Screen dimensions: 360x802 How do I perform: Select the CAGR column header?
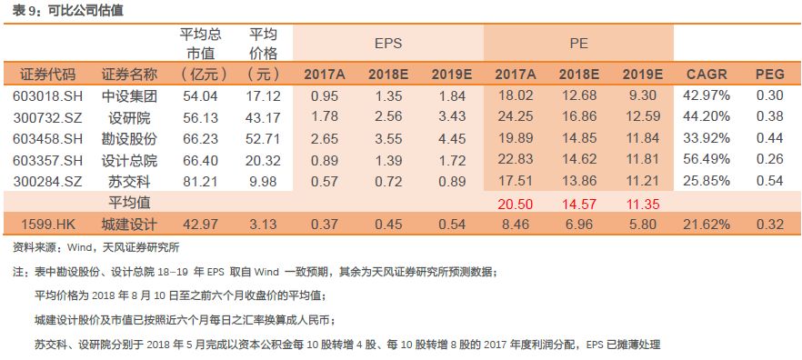pos(706,74)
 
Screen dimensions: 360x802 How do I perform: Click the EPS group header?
pos(388,43)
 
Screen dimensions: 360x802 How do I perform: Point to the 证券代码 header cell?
pos(45,74)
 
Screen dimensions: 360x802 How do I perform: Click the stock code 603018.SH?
pos(45,95)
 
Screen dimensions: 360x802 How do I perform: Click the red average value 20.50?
pos(515,203)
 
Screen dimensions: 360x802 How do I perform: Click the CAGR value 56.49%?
pos(706,160)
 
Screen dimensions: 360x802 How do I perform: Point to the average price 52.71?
pos(263,138)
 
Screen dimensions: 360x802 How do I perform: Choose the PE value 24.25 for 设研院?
pos(515,116)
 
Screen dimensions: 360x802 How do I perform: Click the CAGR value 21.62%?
pos(706,224)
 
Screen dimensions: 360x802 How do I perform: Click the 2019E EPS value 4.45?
pos(451,138)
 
